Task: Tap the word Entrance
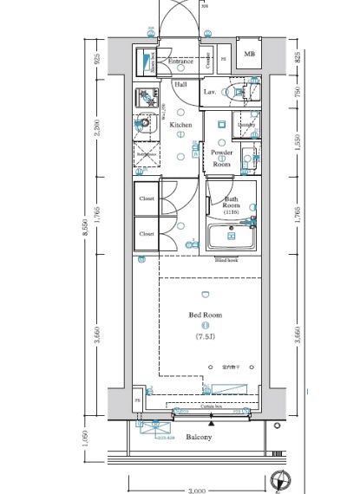pos(180,62)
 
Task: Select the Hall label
pos(180,85)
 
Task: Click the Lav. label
pos(210,91)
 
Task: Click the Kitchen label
pos(180,126)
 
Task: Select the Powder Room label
pos(221,156)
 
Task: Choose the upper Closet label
pos(147,198)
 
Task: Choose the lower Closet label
pos(147,233)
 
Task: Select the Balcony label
pos(199,438)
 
